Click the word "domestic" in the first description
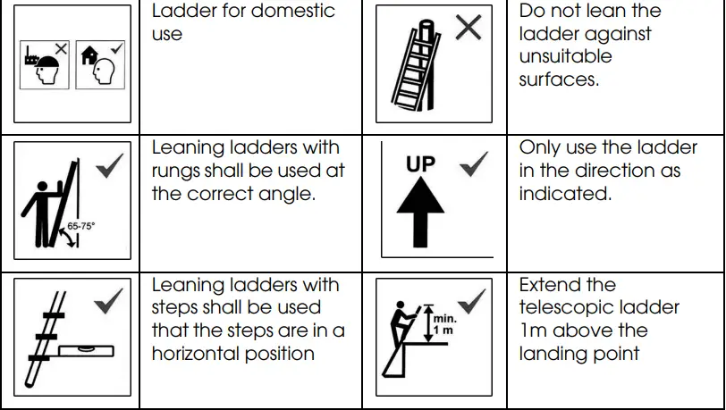297,12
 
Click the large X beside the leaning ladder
468,29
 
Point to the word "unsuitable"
565,56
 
